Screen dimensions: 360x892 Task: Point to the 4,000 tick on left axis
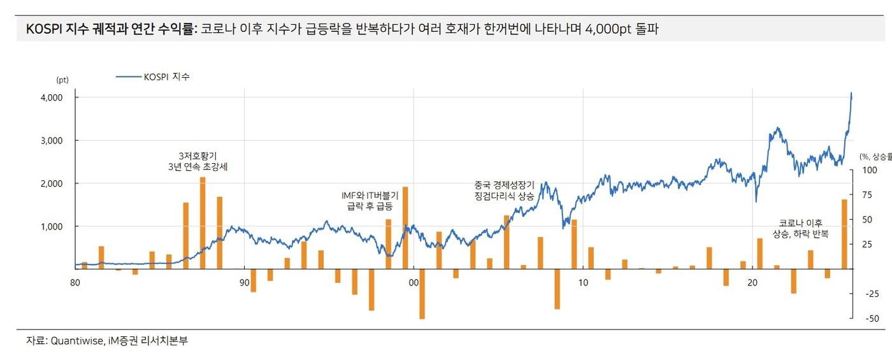51,97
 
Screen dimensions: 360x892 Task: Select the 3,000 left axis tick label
51,140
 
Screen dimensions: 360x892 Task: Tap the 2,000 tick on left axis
51,184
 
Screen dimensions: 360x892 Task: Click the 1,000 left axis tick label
51,226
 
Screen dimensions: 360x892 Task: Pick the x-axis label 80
75,282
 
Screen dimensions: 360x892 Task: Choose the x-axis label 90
245,282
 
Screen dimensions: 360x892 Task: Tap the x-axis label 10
583,282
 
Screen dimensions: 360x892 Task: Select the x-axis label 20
752,282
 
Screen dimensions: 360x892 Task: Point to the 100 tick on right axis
870,170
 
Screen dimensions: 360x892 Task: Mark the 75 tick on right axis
870,195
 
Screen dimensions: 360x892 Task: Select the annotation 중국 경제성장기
504,185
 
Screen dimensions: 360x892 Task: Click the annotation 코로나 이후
800,223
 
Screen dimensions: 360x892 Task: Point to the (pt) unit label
62,80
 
